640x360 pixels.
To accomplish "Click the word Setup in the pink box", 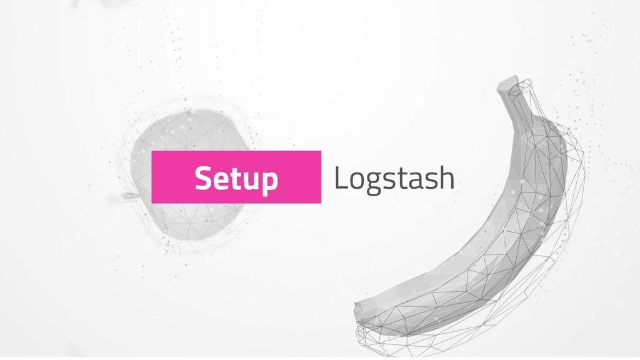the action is (x=236, y=179).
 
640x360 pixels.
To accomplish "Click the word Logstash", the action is (x=394, y=179).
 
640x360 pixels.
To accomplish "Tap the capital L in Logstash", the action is (x=339, y=179).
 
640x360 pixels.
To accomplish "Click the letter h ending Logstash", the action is (x=445, y=179).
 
